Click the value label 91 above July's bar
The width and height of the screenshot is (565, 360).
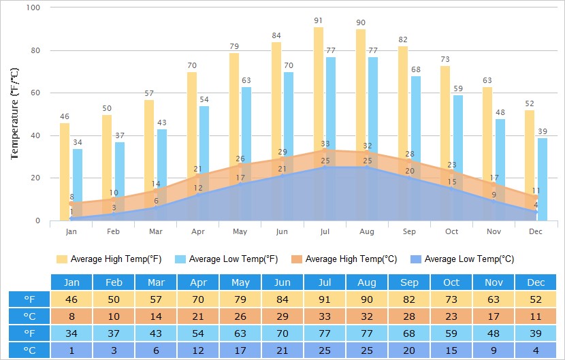319,21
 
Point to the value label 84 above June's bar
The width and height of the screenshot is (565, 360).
276,35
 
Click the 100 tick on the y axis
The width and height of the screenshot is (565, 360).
33,7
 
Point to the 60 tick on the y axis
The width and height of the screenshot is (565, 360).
35,93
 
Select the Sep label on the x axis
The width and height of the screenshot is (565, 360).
409,232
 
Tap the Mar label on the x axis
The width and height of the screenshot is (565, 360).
156,232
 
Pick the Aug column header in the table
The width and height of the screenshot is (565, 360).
367,282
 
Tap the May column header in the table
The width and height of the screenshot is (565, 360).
240,282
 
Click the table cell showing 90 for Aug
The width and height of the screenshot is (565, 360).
367,299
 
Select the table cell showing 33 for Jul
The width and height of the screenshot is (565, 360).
325,316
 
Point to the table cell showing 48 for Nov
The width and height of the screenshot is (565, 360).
494,333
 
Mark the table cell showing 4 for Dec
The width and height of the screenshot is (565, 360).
536,350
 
